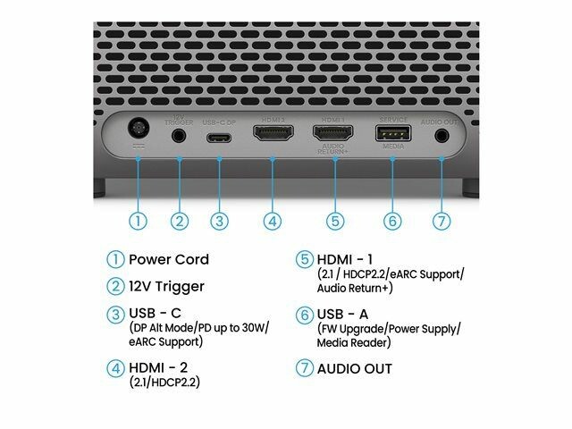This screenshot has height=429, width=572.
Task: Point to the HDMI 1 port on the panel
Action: click(330, 136)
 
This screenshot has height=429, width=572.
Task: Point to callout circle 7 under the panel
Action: click(442, 220)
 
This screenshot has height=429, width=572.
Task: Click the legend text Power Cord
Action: click(169, 260)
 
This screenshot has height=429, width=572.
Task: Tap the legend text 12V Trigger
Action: click(166, 287)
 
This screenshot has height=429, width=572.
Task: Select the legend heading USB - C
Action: click(157, 314)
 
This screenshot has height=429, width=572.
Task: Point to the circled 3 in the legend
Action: click(114, 315)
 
